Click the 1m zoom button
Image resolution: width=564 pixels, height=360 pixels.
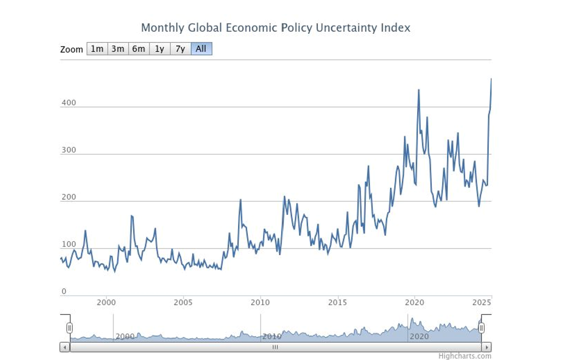coord(97,49)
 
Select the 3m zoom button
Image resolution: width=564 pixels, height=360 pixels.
coord(118,49)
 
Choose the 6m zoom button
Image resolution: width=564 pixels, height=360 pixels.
coord(139,49)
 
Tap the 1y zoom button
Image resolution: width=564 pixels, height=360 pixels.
coord(160,49)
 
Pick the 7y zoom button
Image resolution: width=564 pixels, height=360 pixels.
coord(180,49)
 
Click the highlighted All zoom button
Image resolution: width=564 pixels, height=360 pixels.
coord(201,49)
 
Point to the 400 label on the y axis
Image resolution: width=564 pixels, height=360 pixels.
coord(69,103)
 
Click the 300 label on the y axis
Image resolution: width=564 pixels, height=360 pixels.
coord(69,150)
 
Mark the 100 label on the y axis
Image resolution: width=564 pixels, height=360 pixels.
coord(69,244)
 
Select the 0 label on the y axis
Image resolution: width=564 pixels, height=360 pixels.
coord(64,291)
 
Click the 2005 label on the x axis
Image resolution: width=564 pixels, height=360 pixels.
coord(183,302)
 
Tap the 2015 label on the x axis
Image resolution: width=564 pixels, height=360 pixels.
coord(337,302)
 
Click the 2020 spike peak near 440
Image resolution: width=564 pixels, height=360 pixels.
coord(419,90)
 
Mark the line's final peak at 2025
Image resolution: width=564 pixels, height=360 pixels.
coord(491,79)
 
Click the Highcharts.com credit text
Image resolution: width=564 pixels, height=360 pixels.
coord(464,356)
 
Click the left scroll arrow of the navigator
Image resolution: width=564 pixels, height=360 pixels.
coord(65,347)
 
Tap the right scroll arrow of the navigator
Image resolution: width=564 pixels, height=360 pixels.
coord(486,347)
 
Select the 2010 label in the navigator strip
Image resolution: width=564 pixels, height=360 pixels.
coord(272,336)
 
